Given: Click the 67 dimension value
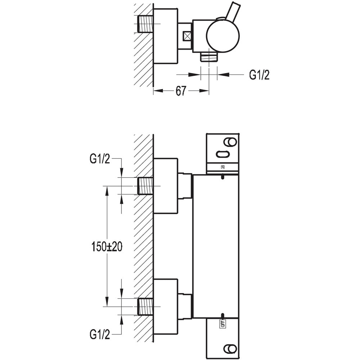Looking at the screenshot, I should coord(181,91).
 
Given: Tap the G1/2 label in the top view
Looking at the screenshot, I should coord(259,75).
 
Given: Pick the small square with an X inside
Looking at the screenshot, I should coord(187,36).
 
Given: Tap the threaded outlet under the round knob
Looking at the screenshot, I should coord(209,56).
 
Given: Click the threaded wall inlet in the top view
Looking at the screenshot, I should coord(145,24).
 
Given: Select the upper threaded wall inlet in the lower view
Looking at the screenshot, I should coord(145,186).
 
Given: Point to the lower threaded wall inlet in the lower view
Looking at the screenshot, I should coord(145,307).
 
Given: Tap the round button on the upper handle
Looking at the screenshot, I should coord(230,141).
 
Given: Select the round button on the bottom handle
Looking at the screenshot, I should coord(229,349).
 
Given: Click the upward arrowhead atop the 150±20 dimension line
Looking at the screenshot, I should coord(107,189).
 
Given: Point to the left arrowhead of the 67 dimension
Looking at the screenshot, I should coord(156,91).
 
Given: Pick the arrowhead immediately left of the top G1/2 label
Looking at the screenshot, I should coord(220,75).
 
